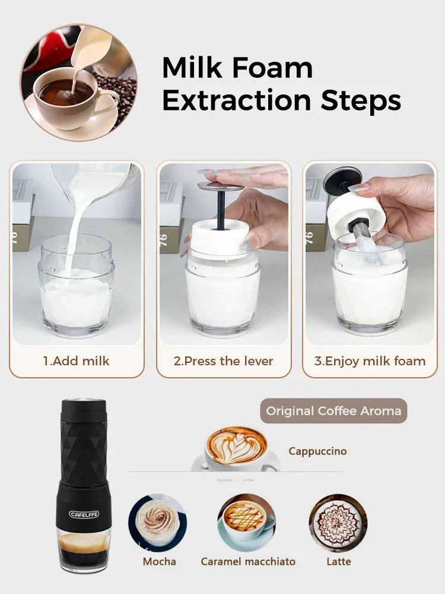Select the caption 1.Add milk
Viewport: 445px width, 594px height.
pyautogui.click(x=77, y=361)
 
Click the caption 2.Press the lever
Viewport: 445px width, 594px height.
pyautogui.click(x=223, y=361)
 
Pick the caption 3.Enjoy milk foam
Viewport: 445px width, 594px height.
pyautogui.click(x=370, y=361)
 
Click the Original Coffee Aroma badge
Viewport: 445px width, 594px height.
pyautogui.click(x=333, y=410)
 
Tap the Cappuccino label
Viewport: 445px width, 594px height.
pyautogui.click(x=317, y=451)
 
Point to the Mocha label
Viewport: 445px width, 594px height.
pyautogui.click(x=159, y=561)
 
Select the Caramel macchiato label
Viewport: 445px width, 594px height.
pyautogui.click(x=248, y=561)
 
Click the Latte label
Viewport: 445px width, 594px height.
pyautogui.click(x=339, y=561)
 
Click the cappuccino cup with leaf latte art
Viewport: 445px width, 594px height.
pyautogui.click(x=236, y=447)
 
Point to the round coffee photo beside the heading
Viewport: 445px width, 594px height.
pyautogui.click(x=79, y=83)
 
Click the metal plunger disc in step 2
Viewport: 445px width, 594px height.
pyautogui.click(x=221, y=187)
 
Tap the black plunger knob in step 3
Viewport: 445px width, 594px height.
pyautogui.click(x=342, y=180)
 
